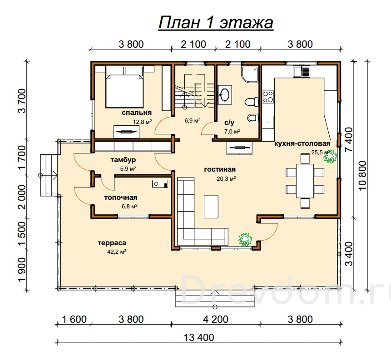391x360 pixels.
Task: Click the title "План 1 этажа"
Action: coord(216,23)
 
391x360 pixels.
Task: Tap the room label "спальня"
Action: coord(137,113)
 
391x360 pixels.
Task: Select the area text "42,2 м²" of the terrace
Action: coord(117,252)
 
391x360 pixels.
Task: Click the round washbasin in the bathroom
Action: coord(225,95)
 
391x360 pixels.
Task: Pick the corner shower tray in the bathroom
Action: coord(250,74)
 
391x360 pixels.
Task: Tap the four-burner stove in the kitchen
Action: coord(268,97)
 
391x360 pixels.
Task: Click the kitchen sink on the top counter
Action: coord(301,71)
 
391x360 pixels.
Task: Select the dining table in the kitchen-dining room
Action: coord(305,181)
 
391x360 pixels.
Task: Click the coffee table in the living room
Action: coord(211,207)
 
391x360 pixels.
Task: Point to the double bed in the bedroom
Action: coord(125,87)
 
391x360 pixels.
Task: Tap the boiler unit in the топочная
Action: coord(160,184)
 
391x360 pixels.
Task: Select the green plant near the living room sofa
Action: coord(245,240)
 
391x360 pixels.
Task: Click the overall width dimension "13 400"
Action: coord(199,338)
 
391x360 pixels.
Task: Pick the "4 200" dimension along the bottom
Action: coord(216,319)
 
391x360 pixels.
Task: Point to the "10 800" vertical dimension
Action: coord(362,176)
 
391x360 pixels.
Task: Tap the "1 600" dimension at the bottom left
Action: coord(74,319)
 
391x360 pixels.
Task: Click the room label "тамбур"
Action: coord(123,160)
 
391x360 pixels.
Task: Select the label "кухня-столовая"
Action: coord(302,143)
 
